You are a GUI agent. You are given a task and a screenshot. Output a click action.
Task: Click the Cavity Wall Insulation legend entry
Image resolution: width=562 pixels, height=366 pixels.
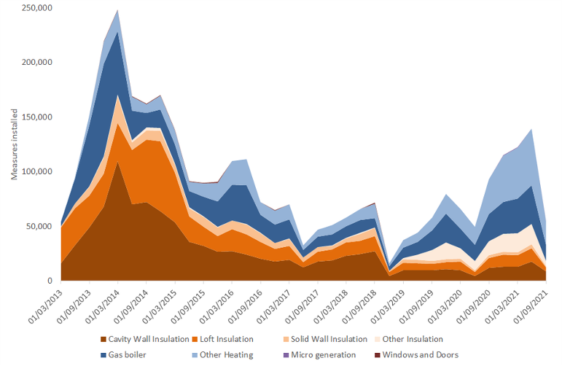click(x=149, y=339)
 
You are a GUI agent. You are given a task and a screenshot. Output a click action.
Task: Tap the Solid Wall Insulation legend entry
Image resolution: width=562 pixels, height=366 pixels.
click(x=327, y=339)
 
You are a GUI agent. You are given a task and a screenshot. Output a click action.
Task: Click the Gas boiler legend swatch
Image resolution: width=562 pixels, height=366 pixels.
click(x=104, y=355)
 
